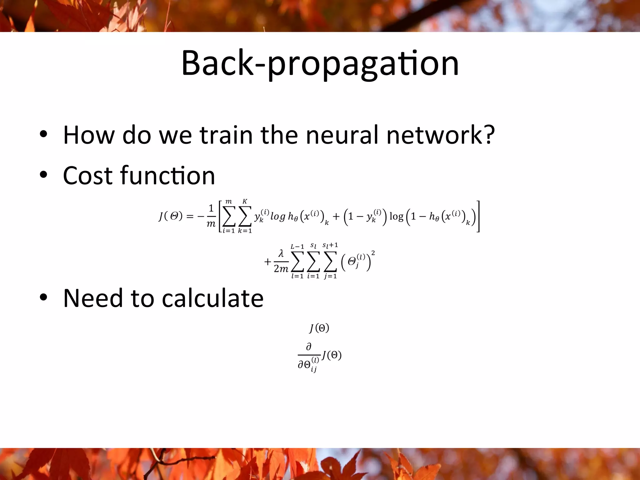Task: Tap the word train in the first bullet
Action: [x=226, y=135]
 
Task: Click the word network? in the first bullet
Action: [x=441, y=135]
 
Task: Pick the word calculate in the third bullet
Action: [x=212, y=298]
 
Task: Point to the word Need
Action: [x=93, y=298]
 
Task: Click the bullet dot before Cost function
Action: [x=43, y=175]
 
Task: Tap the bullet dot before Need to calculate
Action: [x=43, y=297]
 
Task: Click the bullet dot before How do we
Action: [x=43, y=134]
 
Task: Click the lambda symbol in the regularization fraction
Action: [x=281, y=253]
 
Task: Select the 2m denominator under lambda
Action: [x=281, y=269]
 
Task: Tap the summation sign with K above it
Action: [x=245, y=216]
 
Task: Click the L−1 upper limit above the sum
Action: [x=297, y=247]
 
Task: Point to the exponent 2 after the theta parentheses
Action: [x=373, y=253]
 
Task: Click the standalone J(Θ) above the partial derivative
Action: [x=319, y=328]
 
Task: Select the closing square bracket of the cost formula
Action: [x=478, y=216]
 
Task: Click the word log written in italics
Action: [x=278, y=217]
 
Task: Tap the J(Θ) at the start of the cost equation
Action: [x=171, y=216]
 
